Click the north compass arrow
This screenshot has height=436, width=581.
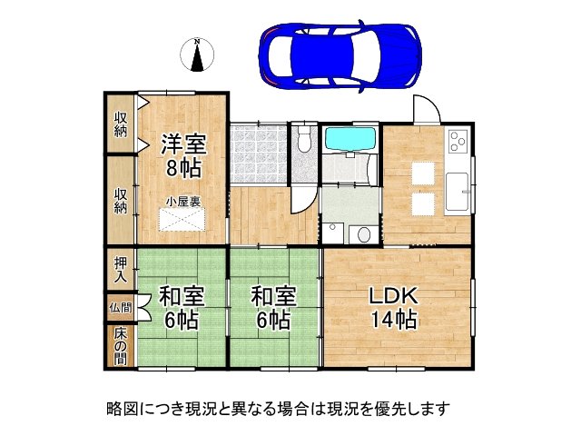coord(196,56)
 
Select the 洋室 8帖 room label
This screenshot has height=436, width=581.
coord(182,154)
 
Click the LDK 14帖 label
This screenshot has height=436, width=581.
coord(392,307)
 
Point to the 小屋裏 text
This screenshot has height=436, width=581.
coord(182,202)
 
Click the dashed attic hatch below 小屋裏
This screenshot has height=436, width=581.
coord(182,221)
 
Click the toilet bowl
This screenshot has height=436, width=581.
coord(303,142)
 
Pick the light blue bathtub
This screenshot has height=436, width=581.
coord(350,140)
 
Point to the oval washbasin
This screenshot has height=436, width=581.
coord(364,233)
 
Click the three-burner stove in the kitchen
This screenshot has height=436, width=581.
coord(457,141)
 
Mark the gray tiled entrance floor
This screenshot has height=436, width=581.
coord(257,153)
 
